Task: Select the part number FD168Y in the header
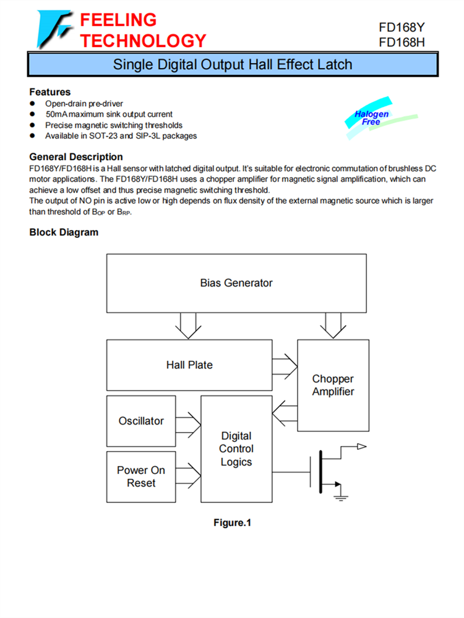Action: pos(402,28)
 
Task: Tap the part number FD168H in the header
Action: pos(402,42)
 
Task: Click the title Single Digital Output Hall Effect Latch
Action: pos(233,64)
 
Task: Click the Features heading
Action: pos(50,92)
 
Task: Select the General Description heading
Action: pos(76,157)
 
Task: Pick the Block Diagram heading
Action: pos(64,232)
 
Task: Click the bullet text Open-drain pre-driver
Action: pos(84,104)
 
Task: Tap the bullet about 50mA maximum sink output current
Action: pos(109,114)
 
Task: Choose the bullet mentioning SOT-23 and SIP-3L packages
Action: pos(121,135)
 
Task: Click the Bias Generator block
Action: pos(236,283)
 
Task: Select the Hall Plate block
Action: pos(189,365)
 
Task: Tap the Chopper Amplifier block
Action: pos(333,385)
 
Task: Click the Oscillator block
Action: pos(141,421)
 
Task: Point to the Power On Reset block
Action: pos(141,476)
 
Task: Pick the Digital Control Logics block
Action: pos(236,449)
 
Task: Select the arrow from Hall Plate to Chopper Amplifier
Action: pos(285,364)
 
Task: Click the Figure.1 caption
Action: pos(233,523)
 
